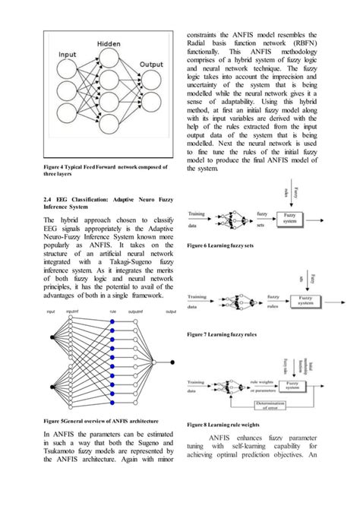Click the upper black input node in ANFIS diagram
pos(52,335)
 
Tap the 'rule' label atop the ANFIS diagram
pos(112,312)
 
